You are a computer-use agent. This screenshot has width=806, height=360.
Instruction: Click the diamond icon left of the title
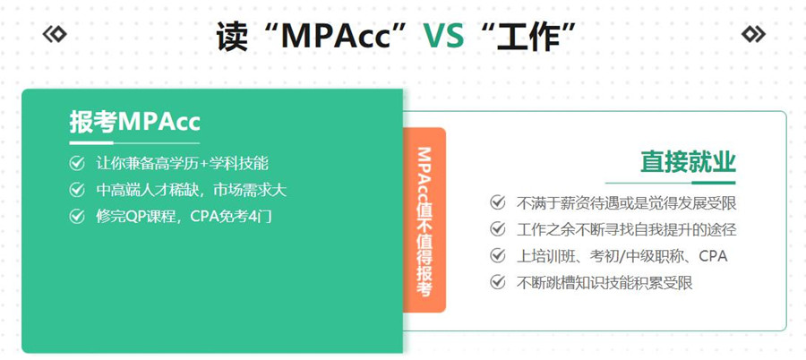55,34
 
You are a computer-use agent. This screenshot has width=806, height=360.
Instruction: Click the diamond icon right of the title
753,34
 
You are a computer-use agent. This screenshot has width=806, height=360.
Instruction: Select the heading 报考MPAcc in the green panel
134,123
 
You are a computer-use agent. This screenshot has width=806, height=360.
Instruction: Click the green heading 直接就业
687,162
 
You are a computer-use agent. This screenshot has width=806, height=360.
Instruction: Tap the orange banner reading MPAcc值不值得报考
424,220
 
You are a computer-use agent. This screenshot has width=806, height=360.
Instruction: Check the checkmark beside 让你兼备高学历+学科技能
77,164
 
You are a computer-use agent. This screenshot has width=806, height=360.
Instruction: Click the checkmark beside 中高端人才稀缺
77,190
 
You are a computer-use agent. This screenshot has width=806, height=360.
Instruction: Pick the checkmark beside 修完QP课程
77,216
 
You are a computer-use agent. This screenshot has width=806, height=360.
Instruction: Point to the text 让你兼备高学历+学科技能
182,164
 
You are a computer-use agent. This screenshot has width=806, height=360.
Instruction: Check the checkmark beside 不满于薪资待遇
498,202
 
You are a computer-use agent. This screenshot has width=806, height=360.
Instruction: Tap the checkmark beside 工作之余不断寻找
498,229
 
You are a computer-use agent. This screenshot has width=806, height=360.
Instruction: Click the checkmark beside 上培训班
498,256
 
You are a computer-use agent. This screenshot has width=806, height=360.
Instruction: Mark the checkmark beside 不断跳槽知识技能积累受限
498,283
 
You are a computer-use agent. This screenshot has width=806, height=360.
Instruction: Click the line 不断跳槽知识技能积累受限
604,283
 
